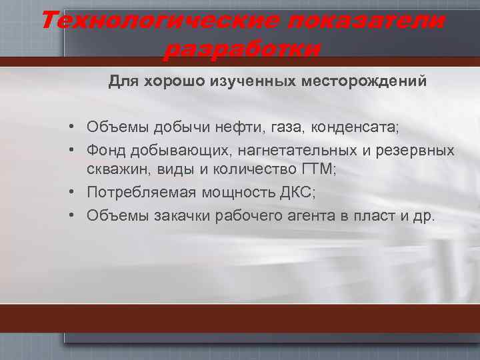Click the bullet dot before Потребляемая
[x=79, y=193]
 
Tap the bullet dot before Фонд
[x=79, y=150]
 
